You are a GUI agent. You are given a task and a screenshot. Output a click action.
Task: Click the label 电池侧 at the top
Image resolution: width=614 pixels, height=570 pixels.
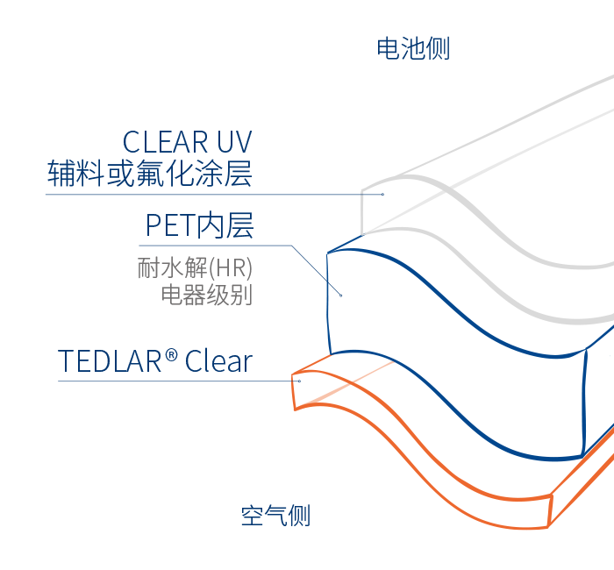point(413,48)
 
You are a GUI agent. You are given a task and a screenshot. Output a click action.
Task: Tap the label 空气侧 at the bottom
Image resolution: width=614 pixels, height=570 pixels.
point(275,515)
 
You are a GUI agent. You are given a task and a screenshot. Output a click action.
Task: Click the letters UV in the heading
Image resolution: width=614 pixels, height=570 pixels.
point(232,142)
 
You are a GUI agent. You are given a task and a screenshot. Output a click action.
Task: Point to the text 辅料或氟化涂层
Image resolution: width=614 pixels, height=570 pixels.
point(149,174)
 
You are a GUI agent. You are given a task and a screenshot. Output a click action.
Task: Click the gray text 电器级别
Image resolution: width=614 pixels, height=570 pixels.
point(206,295)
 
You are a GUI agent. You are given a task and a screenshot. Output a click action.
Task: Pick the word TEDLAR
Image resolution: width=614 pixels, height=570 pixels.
point(111,361)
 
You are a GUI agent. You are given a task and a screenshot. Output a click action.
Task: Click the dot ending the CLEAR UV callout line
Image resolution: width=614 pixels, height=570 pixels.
point(383,193)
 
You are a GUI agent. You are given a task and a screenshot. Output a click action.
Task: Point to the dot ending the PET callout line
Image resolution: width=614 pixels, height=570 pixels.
point(340,294)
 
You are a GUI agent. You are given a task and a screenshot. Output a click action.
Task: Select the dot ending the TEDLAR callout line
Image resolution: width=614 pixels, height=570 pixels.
point(299,380)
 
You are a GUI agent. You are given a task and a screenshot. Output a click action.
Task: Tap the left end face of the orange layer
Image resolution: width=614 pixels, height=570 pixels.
point(296,392)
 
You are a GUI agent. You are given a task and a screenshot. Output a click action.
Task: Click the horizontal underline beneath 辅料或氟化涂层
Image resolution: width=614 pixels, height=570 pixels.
point(202,193)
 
